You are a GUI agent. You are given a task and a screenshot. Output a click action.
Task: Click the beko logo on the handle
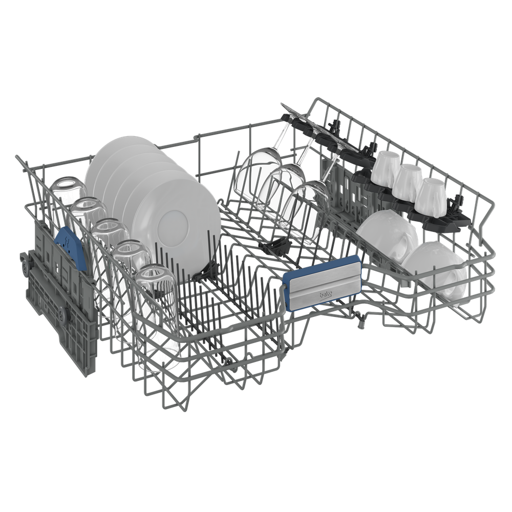(326, 294)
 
